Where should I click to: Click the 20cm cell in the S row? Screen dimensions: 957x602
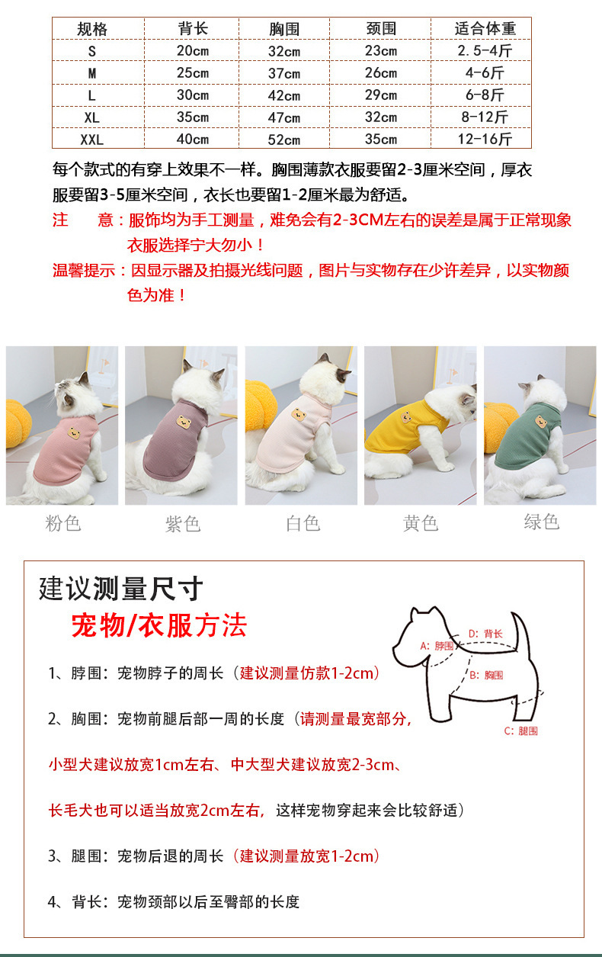click(x=193, y=51)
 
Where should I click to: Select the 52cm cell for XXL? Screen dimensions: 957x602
click(x=284, y=140)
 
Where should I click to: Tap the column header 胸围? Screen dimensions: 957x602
click(x=284, y=29)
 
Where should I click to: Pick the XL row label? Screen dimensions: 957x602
click(x=92, y=117)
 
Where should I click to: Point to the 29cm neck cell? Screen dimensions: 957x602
click(x=381, y=95)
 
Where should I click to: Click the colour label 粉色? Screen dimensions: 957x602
click(x=63, y=524)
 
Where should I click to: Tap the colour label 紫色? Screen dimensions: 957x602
click(x=183, y=524)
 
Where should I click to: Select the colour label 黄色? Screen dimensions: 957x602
click(x=421, y=524)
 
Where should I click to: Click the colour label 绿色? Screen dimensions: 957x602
click(x=542, y=522)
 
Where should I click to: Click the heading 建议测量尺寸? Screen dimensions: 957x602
click(x=121, y=589)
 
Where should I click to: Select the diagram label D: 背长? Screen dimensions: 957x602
click(x=485, y=634)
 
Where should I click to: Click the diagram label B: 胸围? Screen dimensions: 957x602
click(x=486, y=675)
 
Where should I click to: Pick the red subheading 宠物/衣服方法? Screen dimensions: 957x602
click(x=159, y=626)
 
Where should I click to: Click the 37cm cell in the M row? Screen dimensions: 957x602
click(x=284, y=73)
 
